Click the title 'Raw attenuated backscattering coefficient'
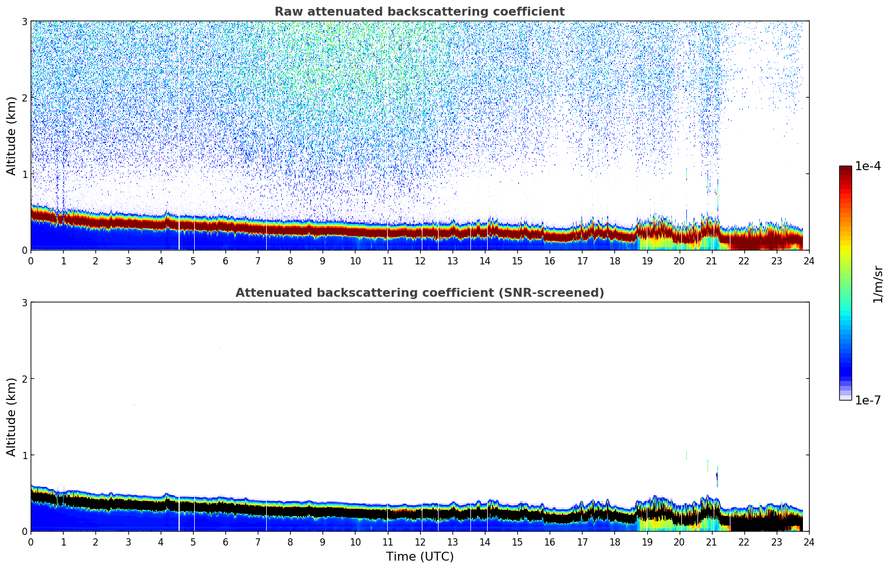(420, 12)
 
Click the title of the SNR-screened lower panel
(420, 293)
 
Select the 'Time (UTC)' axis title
(420, 557)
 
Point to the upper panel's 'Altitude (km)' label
(11, 136)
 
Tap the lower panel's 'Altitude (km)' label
(11, 417)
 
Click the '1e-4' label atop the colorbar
(868, 166)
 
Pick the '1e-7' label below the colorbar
(868, 401)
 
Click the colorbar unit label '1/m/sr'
(878, 284)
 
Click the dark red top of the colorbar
(845, 169)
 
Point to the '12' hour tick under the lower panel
(420, 542)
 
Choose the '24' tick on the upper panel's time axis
(809, 261)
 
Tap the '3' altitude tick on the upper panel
(24, 21)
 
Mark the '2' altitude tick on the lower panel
(24, 379)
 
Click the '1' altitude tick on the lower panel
(24, 455)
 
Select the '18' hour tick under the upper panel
(614, 261)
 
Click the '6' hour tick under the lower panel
(225, 542)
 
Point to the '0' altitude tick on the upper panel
(24, 250)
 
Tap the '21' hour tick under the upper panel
(711, 261)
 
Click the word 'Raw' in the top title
(286, 12)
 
